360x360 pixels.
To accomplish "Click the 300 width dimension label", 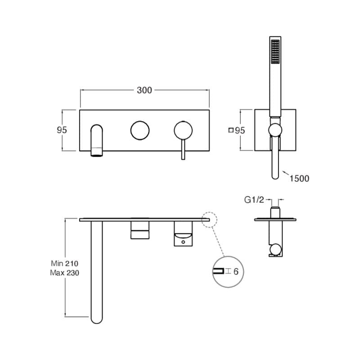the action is point(144,90).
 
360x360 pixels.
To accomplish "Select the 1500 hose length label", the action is point(299,178).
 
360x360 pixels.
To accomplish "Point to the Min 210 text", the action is point(64,263).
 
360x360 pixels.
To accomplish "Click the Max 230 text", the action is point(64,273).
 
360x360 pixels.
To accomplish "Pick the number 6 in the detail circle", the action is point(236,272).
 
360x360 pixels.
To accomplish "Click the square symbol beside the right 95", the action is point(231,130).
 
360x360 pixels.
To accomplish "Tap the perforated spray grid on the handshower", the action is point(275,52).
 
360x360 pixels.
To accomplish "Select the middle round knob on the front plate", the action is point(140,130).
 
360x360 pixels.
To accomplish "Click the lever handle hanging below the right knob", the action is point(183,149).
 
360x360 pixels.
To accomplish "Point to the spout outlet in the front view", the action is point(97,152).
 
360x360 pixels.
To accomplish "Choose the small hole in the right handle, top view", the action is point(183,242).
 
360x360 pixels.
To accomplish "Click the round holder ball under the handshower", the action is point(275,130).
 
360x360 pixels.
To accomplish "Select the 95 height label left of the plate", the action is point(62,130).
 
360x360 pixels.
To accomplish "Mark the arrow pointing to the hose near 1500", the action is point(286,173).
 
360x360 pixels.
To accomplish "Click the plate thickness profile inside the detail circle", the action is point(218,271).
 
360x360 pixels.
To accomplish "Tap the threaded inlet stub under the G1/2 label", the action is point(275,212).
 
